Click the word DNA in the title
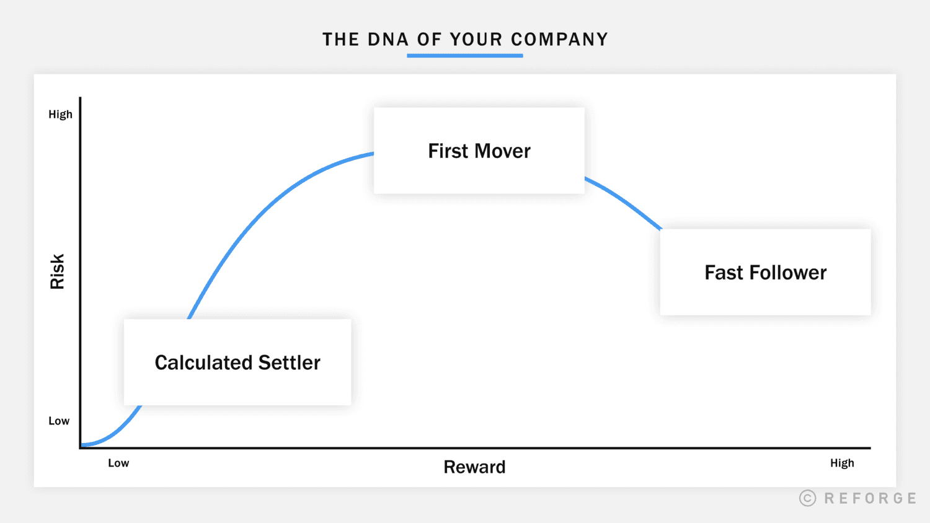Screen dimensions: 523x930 point(388,40)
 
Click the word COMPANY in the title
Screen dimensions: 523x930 point(559,40)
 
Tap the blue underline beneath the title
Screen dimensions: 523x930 point(465,56)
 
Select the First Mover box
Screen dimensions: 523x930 point(479,151)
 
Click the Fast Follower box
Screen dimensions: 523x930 point(765,272)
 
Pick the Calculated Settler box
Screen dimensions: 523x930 point(237,363)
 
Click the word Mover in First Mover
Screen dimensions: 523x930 point(502,151)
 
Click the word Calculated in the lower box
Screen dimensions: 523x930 point(203,363)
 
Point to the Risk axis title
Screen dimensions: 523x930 point(57,271)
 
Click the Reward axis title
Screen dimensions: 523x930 point(474,467)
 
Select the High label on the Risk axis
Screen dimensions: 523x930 point(60,114)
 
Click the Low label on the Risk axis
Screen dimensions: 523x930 point(59,421)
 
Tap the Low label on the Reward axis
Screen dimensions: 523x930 point(118,463)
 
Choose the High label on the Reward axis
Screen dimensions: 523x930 point(842,463)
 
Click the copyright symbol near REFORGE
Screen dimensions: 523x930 point(807,498)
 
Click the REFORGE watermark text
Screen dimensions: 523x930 point(870,498)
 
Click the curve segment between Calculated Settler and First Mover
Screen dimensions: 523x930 point(267,204)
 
